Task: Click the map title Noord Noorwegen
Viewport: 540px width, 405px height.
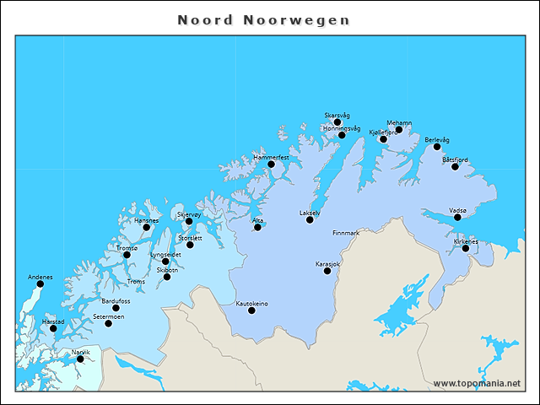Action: click(x=263, y=19)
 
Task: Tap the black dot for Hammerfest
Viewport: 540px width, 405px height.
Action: click(x=272, y=164)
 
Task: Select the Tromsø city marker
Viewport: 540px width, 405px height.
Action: click(x=127, y=255)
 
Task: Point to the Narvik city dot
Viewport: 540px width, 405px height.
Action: click(x=80, y=359)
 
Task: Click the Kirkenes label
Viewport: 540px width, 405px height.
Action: click(x=466, y=241)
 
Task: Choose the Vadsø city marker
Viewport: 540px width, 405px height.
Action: click(x=457, y=217)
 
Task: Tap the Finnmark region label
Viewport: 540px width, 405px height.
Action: click(x=346, y=233)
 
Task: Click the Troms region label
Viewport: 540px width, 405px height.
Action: click(x=135, y=282)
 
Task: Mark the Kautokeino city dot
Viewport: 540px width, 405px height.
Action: click(x=251, y=310)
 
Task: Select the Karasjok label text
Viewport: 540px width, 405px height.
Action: click(x=327, y=264)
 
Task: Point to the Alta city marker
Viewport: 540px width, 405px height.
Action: click(x=257, y=227)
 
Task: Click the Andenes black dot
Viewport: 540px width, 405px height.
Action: click(x=40, y=283)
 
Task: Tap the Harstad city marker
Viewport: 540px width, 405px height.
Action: click(x=53, y=328)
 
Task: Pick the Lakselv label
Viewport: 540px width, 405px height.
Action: click(x=310, y=213)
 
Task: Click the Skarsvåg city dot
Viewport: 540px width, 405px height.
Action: click(x=337, y=122)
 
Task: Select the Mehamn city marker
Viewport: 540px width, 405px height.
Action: click(x=399, y=130)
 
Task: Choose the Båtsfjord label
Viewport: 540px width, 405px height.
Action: click(x=455, y=159)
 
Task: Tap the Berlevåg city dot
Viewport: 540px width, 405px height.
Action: click(x=437, y=147)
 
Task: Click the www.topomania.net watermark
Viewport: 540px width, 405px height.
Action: click(x=477, y=384)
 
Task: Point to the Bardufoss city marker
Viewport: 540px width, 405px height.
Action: click(x=116, y=308)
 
